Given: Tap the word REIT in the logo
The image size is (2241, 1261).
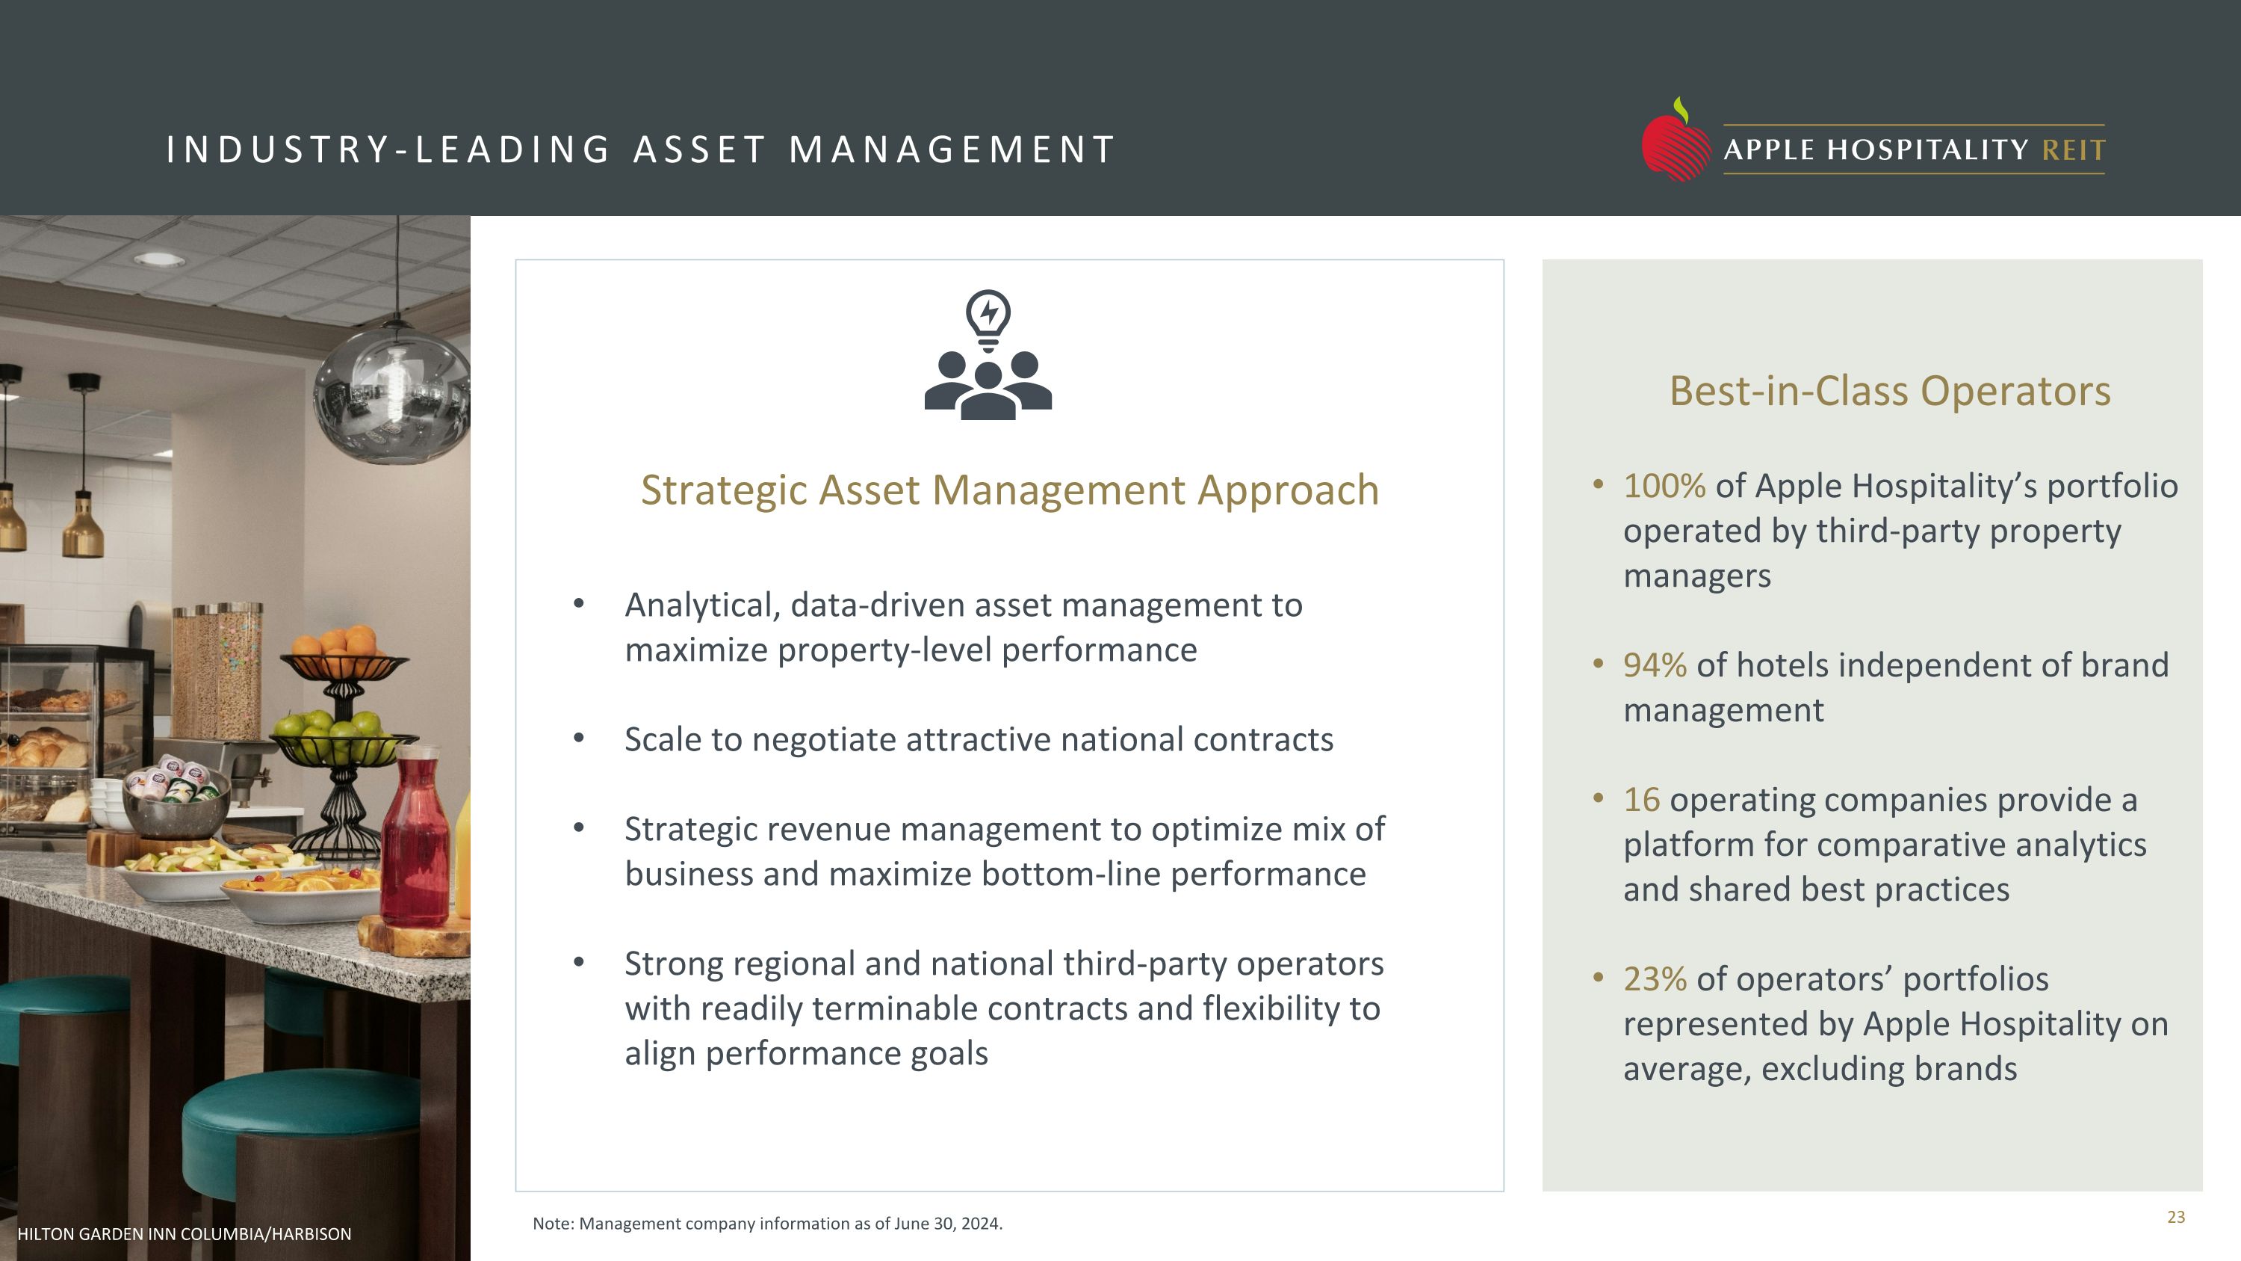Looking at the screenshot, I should point(2073,150).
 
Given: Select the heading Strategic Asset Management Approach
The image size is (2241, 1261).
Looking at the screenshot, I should point(1009,490).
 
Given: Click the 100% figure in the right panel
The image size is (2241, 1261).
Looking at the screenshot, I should point(1664,487).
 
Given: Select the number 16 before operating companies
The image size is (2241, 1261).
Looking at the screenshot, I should point(1642,800).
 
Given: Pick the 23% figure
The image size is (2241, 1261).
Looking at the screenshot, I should point(1655,980).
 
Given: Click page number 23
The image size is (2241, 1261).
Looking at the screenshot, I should point(2176,1218).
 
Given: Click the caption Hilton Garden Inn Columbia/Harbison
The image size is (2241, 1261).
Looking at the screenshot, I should point(185,1234).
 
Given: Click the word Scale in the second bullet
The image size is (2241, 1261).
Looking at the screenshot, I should point(663,741).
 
